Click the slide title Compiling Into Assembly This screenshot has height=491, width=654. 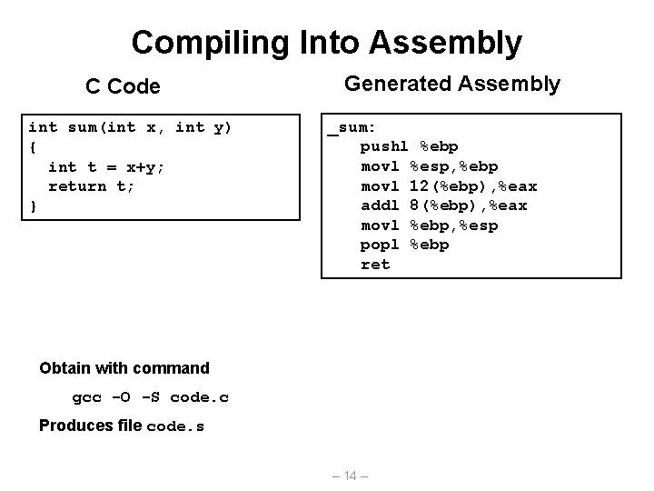[326, 42]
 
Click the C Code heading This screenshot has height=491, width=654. [123, 86]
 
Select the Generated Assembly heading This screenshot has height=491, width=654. [452, 84]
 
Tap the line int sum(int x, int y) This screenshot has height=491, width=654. [131, 127]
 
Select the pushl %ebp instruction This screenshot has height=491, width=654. [410, 146]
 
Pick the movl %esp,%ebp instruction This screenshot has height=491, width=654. [429, 166]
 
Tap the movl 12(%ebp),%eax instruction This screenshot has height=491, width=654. [449, 186]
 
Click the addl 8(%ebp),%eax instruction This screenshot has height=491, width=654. [444, 205]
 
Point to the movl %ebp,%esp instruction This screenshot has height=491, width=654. [429, 225]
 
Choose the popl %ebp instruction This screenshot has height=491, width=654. [405, 245]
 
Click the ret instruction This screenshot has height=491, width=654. [375, 265]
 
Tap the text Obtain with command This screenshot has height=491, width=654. [124, 368]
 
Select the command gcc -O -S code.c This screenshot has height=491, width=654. [150, 397]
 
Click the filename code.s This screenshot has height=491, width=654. [174, 426]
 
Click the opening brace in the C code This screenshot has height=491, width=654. [33, 146]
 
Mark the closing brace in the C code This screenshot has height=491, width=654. [33, 205]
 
